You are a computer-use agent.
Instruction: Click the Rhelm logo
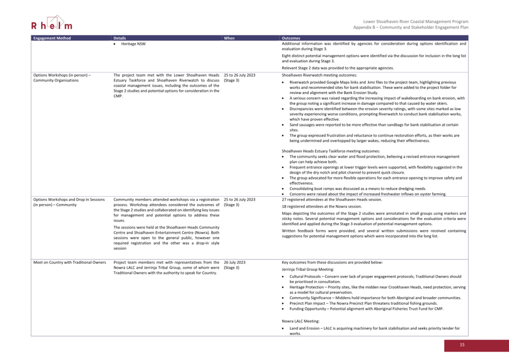(x=52, y=24)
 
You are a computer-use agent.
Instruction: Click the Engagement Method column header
(x=52, y=38)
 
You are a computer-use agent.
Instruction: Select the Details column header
(x=120, y=38)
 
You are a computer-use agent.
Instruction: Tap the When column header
(x=229, y=38)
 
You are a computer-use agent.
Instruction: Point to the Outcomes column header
(x=291, y=38)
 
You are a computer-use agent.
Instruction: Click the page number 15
(x=462, y=345)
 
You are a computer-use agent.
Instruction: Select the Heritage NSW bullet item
(x=133, y=44)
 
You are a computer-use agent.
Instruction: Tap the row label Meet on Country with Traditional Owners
(x=70, y=263)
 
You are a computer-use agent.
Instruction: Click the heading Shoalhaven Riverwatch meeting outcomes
(x=319, y=75)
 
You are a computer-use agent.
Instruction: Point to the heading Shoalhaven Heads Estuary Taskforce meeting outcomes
(x=331, y=151)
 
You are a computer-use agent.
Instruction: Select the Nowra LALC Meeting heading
(x=300, y=321)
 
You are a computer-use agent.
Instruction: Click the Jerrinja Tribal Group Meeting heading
(x=308, y=269)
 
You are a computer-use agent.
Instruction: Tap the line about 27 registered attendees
(x=332, y=199)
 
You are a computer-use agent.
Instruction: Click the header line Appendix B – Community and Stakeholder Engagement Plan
(x=410, y=27)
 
